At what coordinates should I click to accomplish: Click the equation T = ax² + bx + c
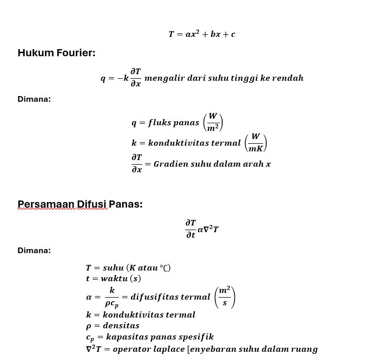coord(202,34)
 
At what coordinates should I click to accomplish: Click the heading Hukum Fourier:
coord(56,53)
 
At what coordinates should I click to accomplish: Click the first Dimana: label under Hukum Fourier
coord(34,99)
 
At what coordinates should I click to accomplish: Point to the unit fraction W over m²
coord(213,122)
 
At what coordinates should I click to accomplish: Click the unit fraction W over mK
coord(255,143)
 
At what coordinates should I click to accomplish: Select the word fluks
coord(159,123)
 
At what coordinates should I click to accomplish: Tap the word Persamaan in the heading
coord(46,204)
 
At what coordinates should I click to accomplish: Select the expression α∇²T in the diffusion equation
coord(208,229)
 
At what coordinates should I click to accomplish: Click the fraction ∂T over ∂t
coord(190,229)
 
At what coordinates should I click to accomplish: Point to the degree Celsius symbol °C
coord(165,268)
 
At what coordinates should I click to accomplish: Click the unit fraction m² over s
coord(224,297)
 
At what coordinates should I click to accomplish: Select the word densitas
coord(121,326)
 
